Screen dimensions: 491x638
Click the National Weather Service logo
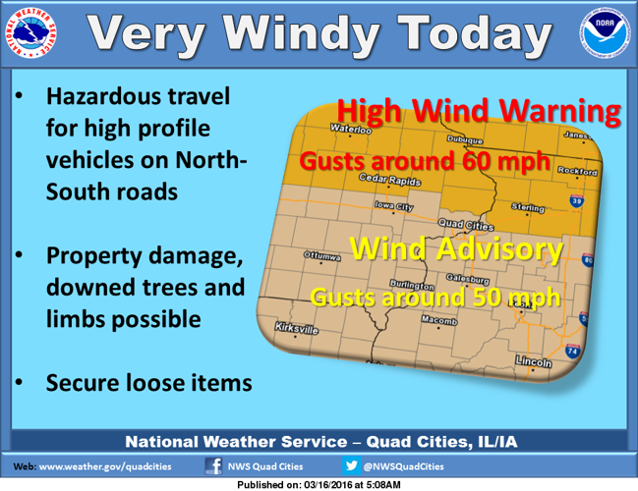tap(34, 36)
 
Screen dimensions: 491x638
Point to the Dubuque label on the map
tap(465, 140)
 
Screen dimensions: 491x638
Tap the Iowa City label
tap(394, 206)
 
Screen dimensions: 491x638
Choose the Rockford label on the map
tap(577, 171)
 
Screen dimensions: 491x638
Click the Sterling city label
tap(528, 208)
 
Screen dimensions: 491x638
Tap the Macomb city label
tap(439, 321)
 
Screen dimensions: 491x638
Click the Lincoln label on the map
tap(535, 362)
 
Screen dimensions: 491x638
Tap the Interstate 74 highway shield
tap(572, 351)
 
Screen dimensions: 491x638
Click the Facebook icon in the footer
tap(213, 466)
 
